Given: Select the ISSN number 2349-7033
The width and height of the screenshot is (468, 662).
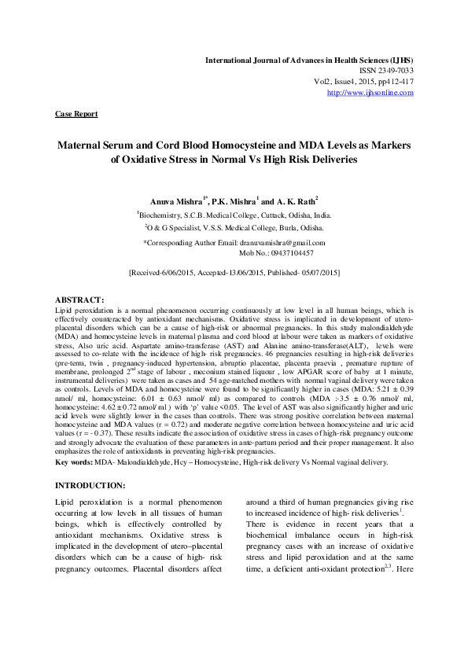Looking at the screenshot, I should point(395,71).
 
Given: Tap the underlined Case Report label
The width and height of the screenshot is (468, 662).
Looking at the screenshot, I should point(76,114).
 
